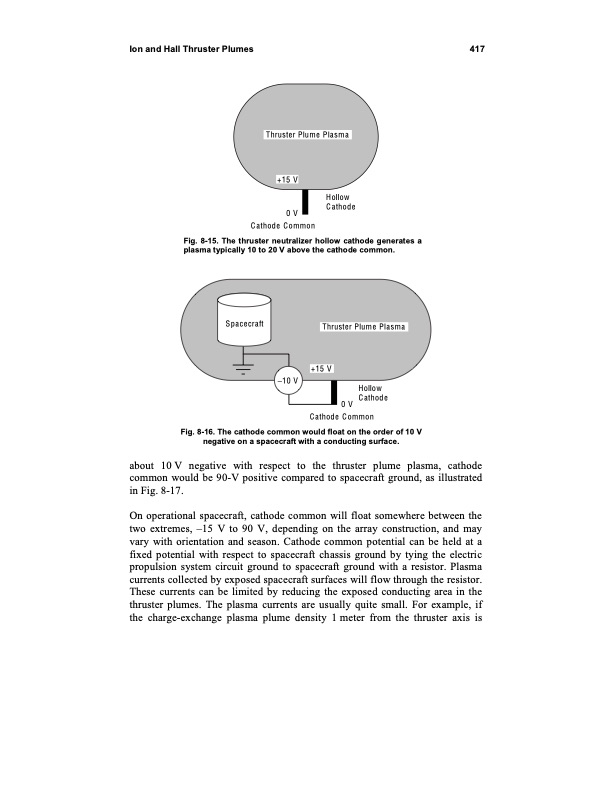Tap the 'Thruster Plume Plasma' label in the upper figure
pyautogui.click(x=307, y=135)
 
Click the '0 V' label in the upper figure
pyautogui.click(x=291, y=213)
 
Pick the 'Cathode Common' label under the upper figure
pyautogui.click(x=283, y=226)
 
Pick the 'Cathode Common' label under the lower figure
pyautogui.click(x=342, y=416)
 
